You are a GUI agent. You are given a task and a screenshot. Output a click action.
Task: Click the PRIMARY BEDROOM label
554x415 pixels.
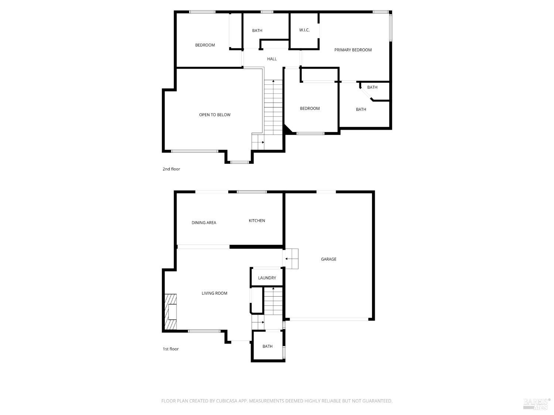tap(353, 50)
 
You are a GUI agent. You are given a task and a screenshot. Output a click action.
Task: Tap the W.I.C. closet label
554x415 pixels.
tap(304, 30)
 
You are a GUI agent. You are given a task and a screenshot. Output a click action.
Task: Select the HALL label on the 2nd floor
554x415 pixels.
tap(272, 59)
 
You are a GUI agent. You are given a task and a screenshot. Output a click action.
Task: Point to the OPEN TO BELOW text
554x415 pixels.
tap(215, 115)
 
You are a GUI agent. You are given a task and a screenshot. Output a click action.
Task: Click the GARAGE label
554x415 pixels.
tap(328, 259)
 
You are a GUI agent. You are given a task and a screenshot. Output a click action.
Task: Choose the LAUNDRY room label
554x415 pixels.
tap(267, 278)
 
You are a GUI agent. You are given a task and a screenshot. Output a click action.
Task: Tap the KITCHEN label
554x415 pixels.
tap(257, 221)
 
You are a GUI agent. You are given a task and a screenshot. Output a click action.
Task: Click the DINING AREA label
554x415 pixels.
tap(204, 223)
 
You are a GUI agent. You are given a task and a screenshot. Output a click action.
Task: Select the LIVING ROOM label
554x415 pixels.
tap(214, 293)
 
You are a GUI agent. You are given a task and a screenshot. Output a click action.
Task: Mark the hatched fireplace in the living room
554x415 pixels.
tap(170, 312)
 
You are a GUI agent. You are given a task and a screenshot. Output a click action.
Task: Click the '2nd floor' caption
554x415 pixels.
tap(171, 169)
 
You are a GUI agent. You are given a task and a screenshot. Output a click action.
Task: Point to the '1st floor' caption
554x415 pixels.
tap(171, 349)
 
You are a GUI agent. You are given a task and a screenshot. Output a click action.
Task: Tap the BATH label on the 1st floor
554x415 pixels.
tap(267, 346)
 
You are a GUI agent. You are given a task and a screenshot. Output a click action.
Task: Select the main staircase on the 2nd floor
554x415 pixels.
tap(273, 107)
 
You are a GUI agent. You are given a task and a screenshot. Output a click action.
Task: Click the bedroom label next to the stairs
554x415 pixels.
tap(310, 108)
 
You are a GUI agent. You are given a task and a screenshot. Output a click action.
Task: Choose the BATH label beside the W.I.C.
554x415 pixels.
tap(257, 31)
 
